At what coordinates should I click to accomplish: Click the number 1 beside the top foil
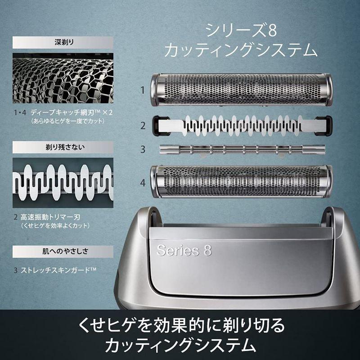click(x=142, y=90)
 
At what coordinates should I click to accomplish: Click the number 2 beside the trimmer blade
click(x=142, y=126)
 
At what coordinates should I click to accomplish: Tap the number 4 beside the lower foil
click(x=142, y=183)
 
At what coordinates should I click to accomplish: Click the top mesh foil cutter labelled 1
click(x=242, y=90)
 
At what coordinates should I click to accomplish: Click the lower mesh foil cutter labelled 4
click(x=242, y=182)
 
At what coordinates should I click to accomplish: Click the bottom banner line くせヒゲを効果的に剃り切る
click(x=180, y=324)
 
